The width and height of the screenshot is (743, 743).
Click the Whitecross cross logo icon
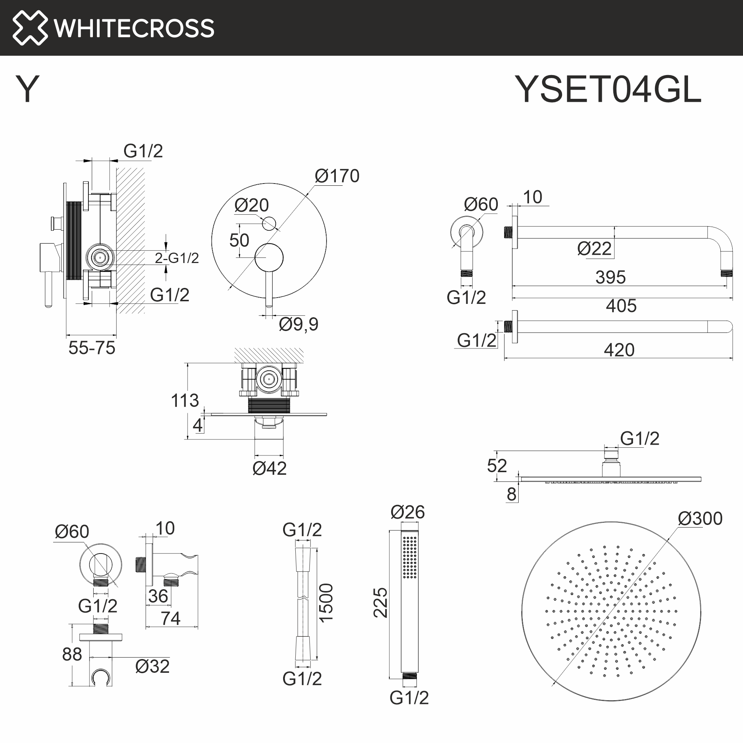30,28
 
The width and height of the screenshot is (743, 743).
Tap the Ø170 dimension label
337,176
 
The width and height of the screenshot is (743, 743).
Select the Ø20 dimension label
252,205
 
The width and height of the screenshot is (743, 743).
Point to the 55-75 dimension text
92,348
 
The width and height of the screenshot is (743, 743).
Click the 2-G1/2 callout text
177,258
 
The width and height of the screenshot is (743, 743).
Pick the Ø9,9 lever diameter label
298,324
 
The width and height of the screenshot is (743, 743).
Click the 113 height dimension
185,401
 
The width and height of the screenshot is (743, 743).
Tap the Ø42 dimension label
269,468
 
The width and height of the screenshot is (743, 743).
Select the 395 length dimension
610,277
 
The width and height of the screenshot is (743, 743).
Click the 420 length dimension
619,350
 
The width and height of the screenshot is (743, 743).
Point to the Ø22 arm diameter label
594,249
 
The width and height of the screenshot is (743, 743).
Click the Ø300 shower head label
700,519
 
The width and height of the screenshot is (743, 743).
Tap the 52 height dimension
496,466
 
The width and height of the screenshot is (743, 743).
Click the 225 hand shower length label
380,603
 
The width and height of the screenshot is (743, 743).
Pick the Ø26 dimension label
407,512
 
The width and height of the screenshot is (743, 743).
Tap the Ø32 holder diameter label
152,666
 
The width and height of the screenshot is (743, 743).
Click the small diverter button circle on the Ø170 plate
269,223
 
